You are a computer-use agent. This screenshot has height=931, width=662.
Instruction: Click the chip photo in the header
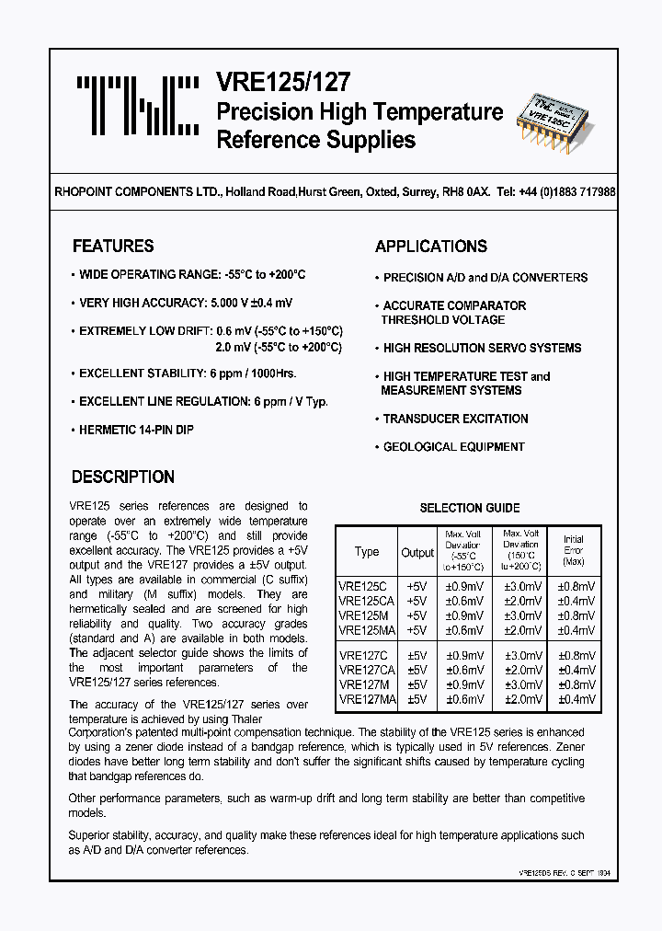tap(564, 120)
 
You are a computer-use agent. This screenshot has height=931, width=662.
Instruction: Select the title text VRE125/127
tap(283, 82)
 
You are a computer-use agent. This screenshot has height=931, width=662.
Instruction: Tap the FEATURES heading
tap(113, 247)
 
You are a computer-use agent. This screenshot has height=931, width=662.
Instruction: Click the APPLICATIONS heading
tap(431, 247)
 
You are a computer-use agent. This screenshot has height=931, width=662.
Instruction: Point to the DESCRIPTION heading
tap(122, 477)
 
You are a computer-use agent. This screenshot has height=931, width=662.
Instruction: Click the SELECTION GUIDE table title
tap(470, 508)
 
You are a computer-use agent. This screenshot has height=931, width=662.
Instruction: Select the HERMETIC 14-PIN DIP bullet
tap(136, 430)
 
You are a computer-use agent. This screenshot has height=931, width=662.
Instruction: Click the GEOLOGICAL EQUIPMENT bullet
tap(453, 447)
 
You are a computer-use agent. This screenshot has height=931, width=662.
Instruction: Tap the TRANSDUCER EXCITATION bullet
tap(455, 419)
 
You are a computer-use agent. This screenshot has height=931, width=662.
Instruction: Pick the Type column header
tap(367, 552)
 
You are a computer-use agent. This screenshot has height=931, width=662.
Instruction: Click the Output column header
tap(417, 553)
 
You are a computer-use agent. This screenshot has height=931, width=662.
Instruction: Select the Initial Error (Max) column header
tap(573, 550)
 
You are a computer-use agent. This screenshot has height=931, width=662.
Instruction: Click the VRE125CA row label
tap(364, 601)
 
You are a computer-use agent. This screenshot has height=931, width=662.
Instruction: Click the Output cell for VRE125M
tap(417, 615)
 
